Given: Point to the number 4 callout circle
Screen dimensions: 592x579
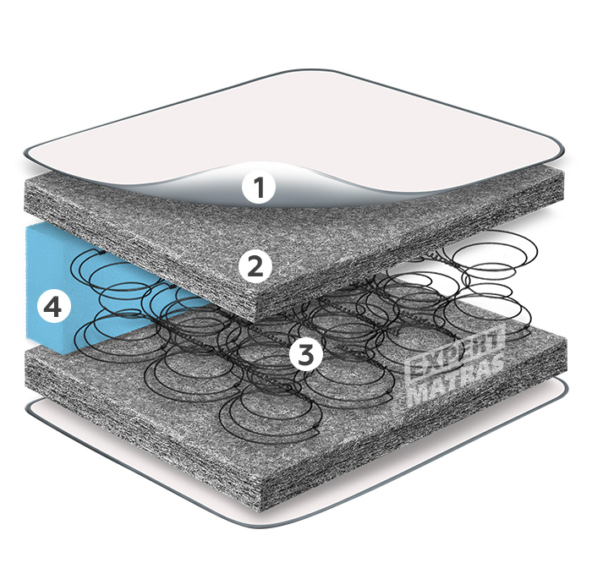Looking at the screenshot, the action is coord(52,308).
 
